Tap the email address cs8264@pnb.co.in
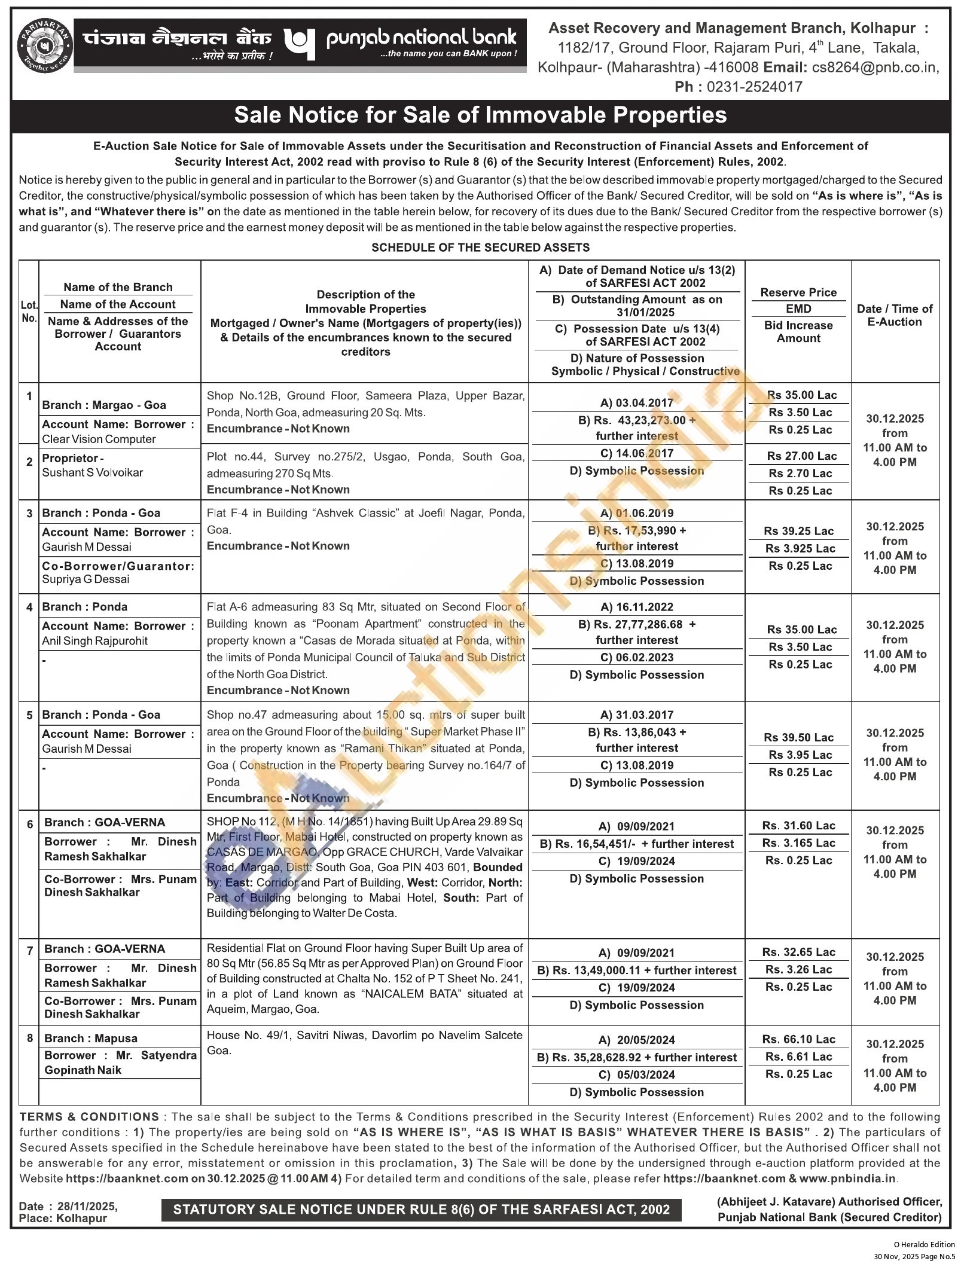point(875,67)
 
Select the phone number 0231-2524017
point(754,87)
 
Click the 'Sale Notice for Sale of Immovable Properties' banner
point(480,115)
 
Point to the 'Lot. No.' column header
point(29,312)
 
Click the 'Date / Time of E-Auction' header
point(894,315)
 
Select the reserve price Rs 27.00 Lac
point(801,456)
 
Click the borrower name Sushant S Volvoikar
point(93,472)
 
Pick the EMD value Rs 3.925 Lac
point(800,548)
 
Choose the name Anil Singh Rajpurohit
point(94,641)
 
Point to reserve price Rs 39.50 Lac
point(800,737)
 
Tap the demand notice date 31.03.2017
point(644,715)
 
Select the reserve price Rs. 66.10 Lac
point(798,1039)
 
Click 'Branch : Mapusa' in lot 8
point(91,1039)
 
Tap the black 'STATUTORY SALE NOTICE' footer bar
point(421,1209)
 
